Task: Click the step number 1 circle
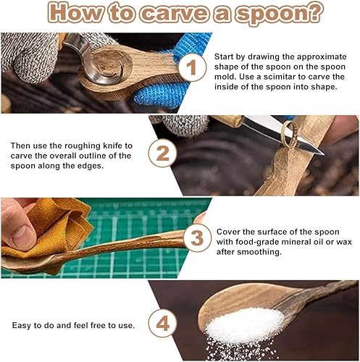click(x=193, y=67)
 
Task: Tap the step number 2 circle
click(x=163, y=153)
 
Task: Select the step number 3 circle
click(x=198, y=238)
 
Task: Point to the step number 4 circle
click(x=162, y=323)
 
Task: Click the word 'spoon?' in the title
click(x=280, y=12)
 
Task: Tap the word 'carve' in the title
click(x=174, y=12)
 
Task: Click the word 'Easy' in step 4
click(x=22, y=326)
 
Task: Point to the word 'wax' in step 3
click(x=343, y=242)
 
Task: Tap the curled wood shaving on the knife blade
click(x=289, y=134)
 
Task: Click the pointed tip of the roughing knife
click(x=323, y=154)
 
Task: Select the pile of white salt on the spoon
click(x=244, y=324)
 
